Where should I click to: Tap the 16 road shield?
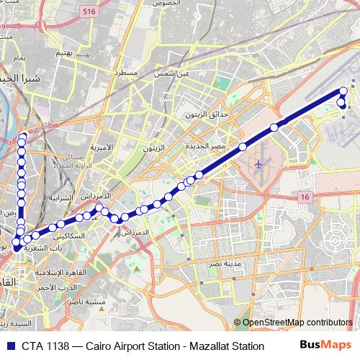tap(305, 197)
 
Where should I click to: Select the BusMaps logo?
tap(325, 346)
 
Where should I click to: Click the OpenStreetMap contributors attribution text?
tap(297, 323)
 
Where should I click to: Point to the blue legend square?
tap(9, 346)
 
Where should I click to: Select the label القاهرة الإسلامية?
tap(60, 271)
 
